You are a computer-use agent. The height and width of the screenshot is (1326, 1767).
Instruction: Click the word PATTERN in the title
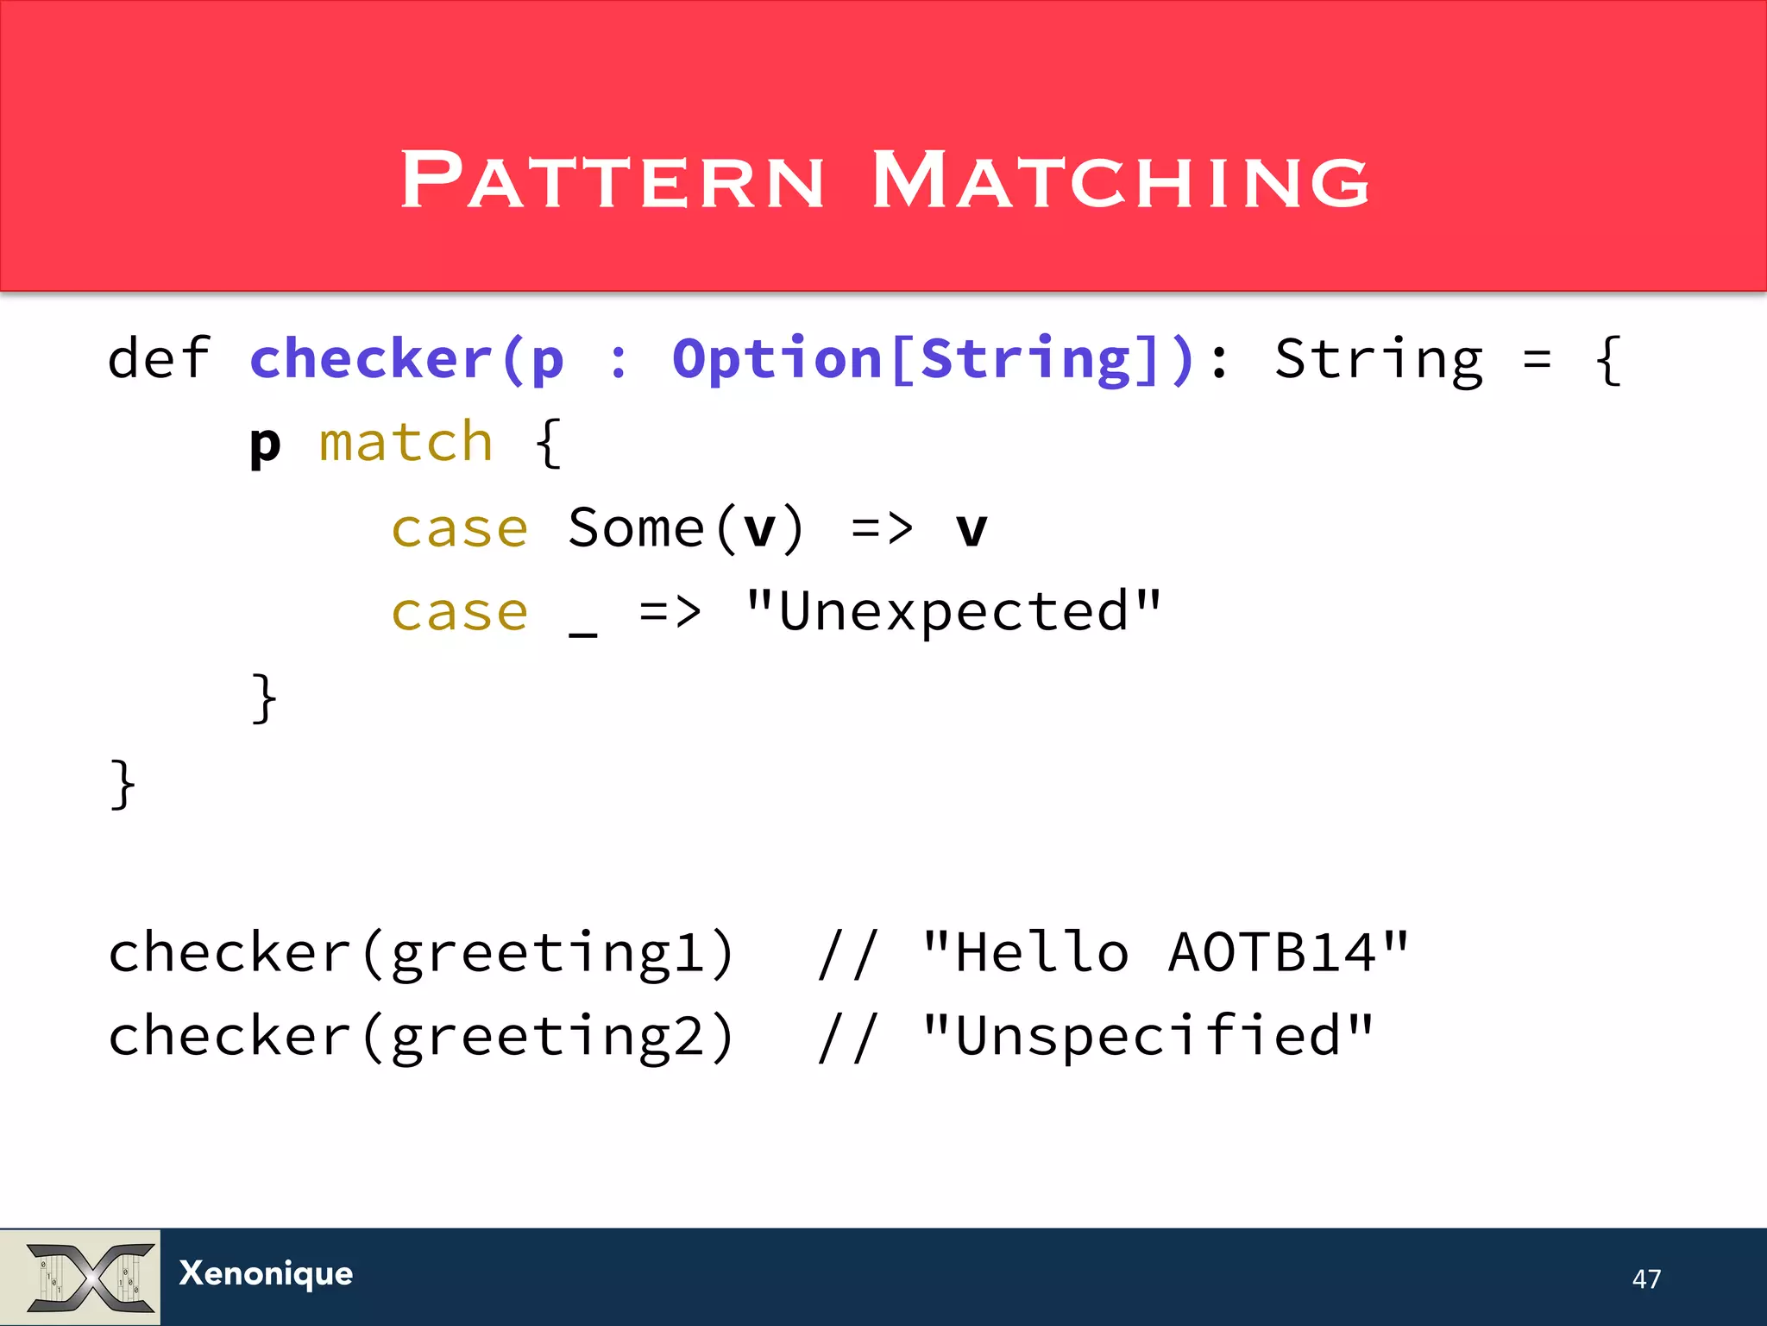(x=613, y=180)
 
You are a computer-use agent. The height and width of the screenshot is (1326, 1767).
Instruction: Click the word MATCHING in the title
(x=1120, y=180)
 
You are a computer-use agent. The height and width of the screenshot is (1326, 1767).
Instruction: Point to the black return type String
(x=1378, y=359)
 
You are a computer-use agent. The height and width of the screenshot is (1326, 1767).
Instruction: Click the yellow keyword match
(x=406, y=442)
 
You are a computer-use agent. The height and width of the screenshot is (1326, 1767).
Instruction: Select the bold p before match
(x=265, y=445)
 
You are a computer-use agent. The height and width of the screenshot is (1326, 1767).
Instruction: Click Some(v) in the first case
(x=686, y=527)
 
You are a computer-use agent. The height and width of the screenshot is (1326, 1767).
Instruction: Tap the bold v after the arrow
(x=972, y=529)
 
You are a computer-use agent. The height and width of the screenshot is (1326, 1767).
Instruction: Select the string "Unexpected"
(x=953, y=612)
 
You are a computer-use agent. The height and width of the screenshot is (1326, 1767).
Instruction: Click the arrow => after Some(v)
(x=881, y=528)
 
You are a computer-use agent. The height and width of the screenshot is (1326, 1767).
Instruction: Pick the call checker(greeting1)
(x=421, y=953)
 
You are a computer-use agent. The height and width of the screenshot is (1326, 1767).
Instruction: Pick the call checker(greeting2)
(x=421, y=1036)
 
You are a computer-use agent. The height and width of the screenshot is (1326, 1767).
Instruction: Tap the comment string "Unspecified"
(x=1147, y=1035)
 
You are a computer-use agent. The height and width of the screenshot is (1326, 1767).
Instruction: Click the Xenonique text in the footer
(x=266, y=1273)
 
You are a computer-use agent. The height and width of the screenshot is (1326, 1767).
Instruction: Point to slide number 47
(x=1645, y=1279)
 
